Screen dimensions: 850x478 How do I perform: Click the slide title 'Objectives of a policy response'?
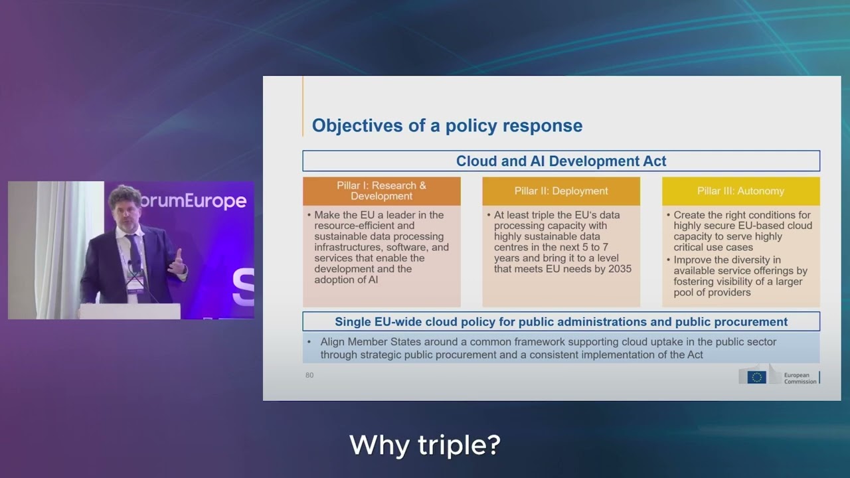447,125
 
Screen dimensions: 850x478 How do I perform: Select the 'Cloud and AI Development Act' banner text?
561,161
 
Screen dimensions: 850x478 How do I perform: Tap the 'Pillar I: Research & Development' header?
381,191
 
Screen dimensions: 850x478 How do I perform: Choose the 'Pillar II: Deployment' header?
561,191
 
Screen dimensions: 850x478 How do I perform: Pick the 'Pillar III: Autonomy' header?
740,191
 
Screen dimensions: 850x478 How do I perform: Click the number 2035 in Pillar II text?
620,269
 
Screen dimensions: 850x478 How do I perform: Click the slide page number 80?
309,375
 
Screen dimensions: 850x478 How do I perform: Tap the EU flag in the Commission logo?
756,377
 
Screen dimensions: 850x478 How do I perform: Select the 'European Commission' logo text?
800,378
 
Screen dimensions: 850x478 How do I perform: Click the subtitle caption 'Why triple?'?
425,445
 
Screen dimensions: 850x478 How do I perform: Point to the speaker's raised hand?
177,262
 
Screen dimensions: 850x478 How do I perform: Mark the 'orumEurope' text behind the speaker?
193,200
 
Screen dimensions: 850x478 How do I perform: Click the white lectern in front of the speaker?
129,311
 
